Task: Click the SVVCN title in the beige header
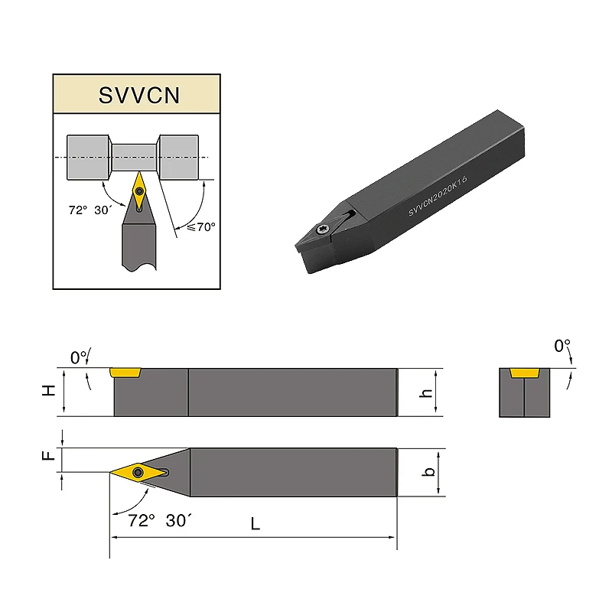[139, 95]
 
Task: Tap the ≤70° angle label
[201, 226]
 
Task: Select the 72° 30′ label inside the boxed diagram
[90, 210]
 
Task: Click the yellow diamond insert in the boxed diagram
[139, 190]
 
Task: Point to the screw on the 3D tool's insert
[323, 229]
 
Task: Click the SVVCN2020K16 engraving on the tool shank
[438, 196]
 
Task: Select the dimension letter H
[49, 390]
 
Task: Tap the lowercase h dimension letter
[426, 392]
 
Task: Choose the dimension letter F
[48, 455]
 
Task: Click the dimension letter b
[429, 471]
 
